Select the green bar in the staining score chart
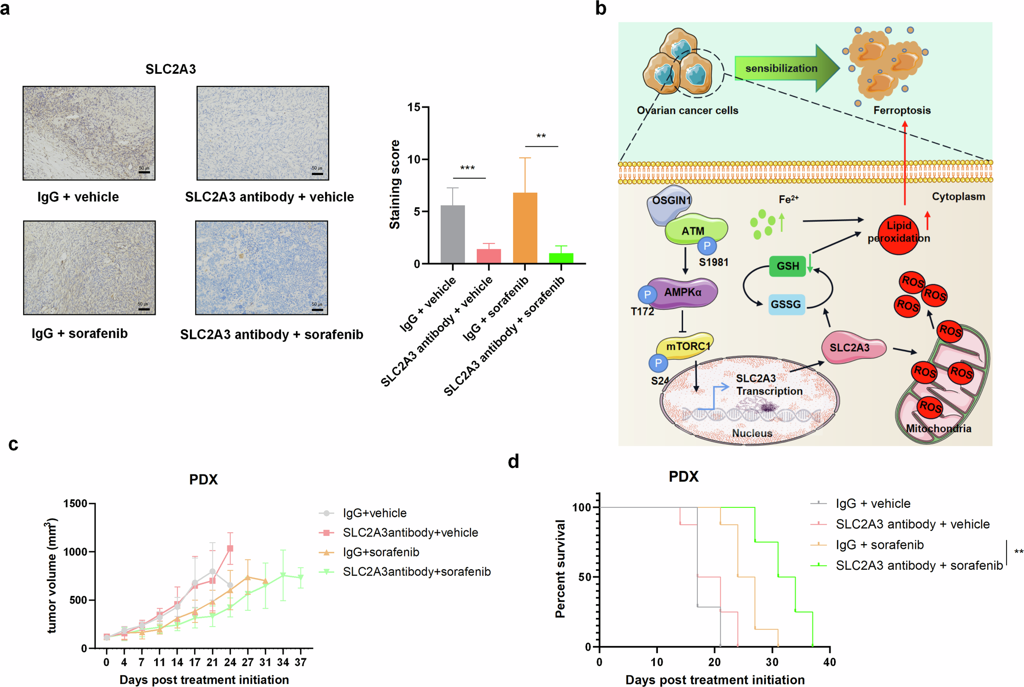pos(561,258)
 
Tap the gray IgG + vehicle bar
pos(453,234)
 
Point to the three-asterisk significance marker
pos(467,168)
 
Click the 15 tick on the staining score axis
pos(414,108)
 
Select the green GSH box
pos(787,266)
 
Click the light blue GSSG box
pos(786,305)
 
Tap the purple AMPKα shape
pos(682,293)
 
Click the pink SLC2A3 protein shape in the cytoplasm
pos(850,348)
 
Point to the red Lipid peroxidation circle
pos(899,234)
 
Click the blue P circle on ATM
pos(707,246)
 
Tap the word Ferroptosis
pos(902,111)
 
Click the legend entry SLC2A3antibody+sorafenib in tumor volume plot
pos(416,572)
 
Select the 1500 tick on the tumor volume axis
pos(75,504)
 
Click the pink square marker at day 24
pos(230,548)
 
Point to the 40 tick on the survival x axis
pos(829,662)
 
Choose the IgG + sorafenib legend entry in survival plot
pos(879,545)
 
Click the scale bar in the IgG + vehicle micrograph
pos(144,172)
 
